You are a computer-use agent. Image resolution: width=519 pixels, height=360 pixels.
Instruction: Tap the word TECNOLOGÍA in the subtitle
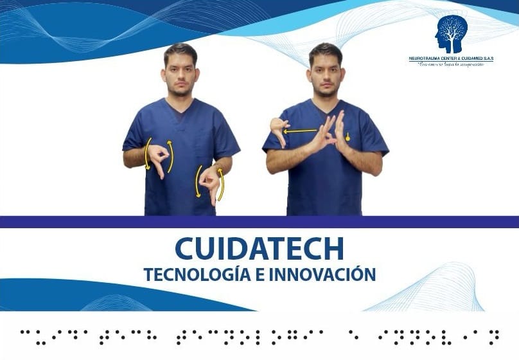click(190, 274)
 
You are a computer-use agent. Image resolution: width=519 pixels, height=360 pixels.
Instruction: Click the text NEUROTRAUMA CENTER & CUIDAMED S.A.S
click(451, 59)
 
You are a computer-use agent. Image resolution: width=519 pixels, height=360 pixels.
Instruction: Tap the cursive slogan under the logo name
click(451, 64)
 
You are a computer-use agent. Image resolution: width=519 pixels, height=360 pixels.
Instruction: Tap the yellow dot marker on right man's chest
click(347, 136)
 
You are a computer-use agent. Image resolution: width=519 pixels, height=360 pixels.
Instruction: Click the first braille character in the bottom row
click(26, 335)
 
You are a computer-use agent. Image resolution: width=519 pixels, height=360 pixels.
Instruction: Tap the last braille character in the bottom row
click(494, 335)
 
